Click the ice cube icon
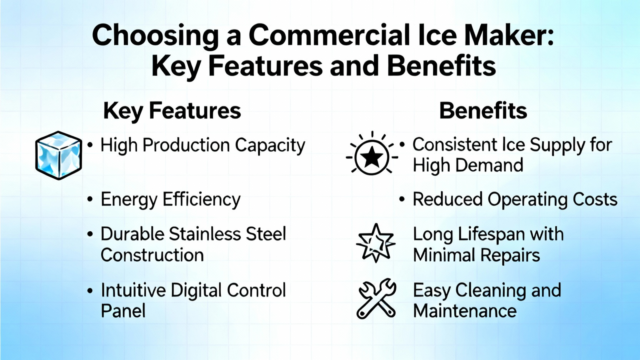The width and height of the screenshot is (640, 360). point(58,156)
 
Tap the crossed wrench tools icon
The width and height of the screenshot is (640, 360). point(377,298)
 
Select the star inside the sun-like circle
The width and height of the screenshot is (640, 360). point(372,156)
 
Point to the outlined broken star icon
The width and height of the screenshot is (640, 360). point(376,243)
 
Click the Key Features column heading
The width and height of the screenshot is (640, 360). point(172,111)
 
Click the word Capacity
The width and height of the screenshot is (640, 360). point(270,146)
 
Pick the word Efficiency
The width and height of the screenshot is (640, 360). point(202,200)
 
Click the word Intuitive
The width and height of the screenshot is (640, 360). point(134,290)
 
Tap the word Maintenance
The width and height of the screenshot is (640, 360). point(465,311)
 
